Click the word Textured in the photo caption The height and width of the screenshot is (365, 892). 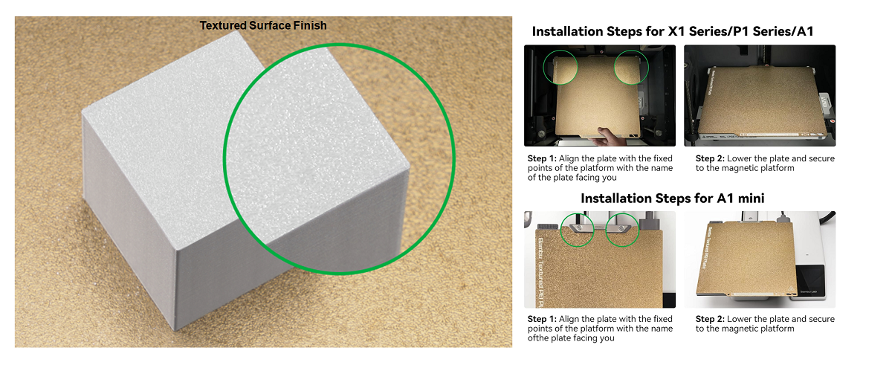click(223, 25)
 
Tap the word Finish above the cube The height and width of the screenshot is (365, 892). click(310, 25)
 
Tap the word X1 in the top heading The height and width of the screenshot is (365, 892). click(676, 31)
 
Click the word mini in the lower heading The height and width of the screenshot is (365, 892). click(751, 198)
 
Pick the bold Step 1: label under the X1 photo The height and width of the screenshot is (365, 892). click(542, 158)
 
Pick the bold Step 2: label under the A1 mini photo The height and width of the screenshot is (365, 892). click(710, 319)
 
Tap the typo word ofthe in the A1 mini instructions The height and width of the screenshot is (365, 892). click(538, 338)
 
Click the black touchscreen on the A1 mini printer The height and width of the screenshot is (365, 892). click(810, 281)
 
